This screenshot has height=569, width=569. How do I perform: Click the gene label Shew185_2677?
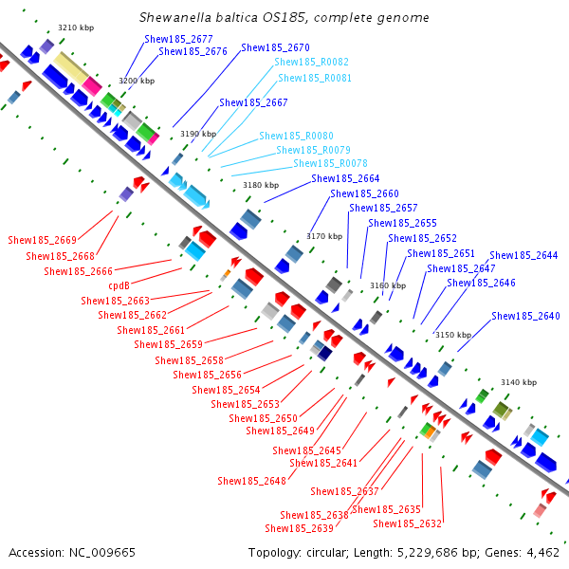tap(178, 39)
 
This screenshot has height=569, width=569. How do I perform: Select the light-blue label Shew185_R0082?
tap(311, 62)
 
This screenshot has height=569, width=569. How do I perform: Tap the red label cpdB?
tap(119, 285)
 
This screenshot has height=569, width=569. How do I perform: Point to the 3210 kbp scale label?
tap(76, 28)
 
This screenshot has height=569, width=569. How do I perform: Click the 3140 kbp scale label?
tap(519, 382)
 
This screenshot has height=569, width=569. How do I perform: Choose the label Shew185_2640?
tap(525, 316)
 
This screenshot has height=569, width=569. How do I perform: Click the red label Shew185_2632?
tap(407, 523)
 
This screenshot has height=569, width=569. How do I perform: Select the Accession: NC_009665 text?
tap(72, 553)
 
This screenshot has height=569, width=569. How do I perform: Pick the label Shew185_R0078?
tap(330, 163)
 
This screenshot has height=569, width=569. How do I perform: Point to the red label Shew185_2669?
tap(42, 240)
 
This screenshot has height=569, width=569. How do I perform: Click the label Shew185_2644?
tap(523, 255)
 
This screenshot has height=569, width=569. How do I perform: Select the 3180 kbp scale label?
tap(261, 185)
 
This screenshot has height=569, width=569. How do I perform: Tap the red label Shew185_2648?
tap(252, 481)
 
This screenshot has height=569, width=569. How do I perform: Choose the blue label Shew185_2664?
tap(345, 178)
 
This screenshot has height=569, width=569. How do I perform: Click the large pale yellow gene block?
tap(70, 68)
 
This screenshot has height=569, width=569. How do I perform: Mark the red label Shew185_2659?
tap(169, 344)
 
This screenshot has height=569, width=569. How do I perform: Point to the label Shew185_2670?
tap(275, 47)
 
